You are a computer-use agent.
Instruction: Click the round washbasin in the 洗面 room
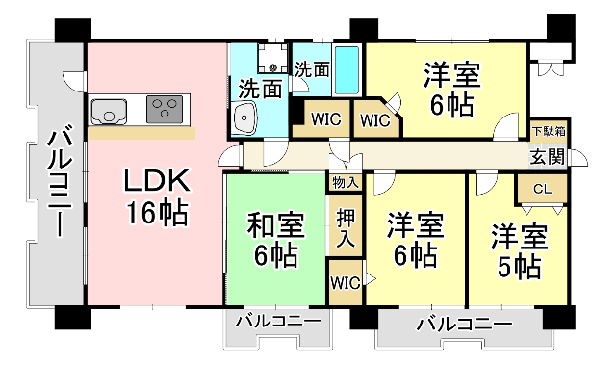click(x=245, y=121)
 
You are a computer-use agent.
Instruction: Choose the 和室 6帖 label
click(x=276, y=240)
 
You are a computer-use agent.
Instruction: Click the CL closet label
click(x=542, y=190)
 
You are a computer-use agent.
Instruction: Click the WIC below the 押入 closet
click(x=346, y=283)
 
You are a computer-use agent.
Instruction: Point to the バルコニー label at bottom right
click(x=464, y=325)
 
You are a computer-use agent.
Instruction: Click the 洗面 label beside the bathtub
click(x=312, y=69)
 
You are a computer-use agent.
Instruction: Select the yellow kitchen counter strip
click(x=144, y=132)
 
